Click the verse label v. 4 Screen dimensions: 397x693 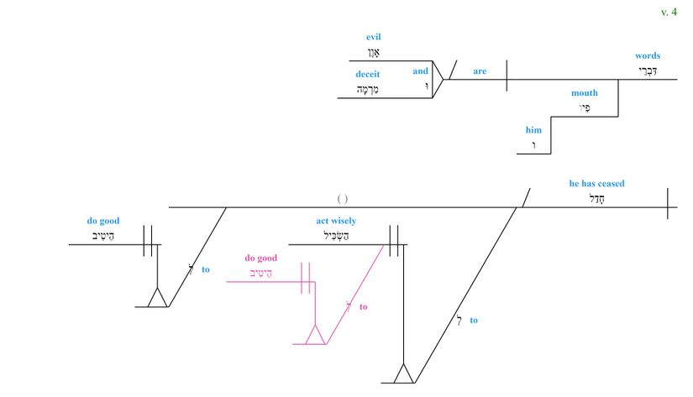(669, 12)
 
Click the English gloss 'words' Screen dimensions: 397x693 (647, 56)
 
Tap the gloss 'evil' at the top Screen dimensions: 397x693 (374, 38)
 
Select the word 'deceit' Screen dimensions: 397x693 (368, 74)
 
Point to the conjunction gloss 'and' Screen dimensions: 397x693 (420, 71)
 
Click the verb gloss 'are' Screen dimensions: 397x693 (480, 71)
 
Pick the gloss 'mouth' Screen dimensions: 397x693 (585, 93)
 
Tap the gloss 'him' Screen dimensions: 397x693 (533, 130)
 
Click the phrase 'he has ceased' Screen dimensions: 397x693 (596, 184)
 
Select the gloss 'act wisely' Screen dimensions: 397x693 (336, 221)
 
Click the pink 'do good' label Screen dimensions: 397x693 (260, 258)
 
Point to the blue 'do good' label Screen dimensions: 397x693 (103, 222)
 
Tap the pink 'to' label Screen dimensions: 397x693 (364, 307)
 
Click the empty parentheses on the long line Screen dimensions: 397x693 (343, 199)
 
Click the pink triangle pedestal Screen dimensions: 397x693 (315, 336)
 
